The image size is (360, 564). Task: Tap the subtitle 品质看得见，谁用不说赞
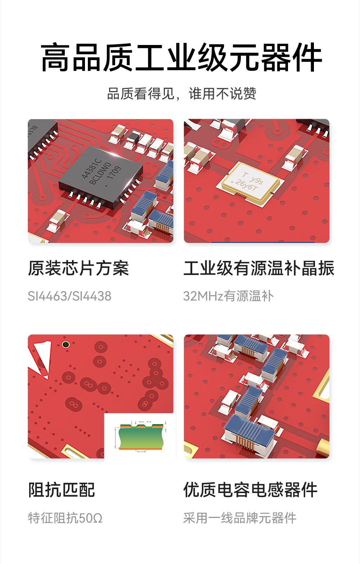pos(181,94)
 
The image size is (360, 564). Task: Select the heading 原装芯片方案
pos(78,268)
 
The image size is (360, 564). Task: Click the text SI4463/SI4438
pos(69,296)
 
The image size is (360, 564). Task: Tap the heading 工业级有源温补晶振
pos(259,268)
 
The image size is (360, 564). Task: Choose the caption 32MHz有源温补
pos(228,296)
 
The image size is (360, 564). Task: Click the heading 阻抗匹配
pos(62,490)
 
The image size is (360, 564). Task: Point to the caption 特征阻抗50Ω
pos(65,518)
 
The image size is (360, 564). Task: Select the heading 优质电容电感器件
pos(250,490)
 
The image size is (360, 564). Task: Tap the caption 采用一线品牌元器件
pos(239,518)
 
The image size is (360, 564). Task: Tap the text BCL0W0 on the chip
pos(100,173)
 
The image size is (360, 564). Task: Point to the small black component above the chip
pos(133,137)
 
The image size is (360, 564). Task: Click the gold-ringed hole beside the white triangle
pos(66,345)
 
